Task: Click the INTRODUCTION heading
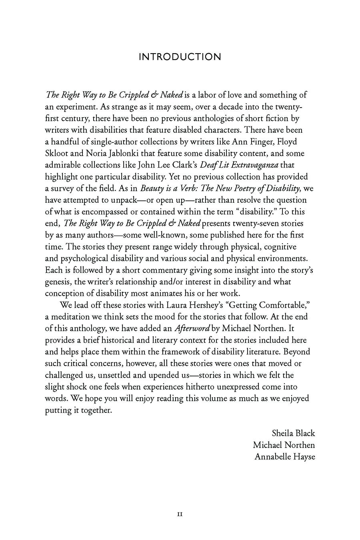pos(180,57)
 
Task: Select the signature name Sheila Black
pos(293,433)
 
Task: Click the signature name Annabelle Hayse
pos(284,456)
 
